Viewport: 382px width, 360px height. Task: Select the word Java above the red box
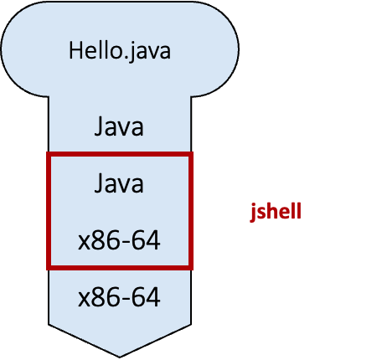pyautogui.click(x=119, y=128)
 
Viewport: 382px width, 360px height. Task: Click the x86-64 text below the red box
pyautogui.click(x=119, y=297)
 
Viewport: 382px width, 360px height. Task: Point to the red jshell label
pyautogui.click(x=275, y=212)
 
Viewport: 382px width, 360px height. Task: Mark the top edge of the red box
pyautogui.click(x=119, y=155)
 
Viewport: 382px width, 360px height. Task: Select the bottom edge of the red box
pyautogui.click(x=119, y=269)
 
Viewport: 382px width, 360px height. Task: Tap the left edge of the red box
pyautogui.click(x=49, y=212)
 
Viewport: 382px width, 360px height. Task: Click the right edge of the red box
pyautogui.click(x=190, y=212)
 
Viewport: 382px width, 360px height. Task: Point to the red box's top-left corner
pyautogui.click(x=49, y=155)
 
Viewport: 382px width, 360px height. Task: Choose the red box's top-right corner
pyautogui.click(x=190, y=155)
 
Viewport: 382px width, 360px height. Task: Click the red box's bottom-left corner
pyautogui.click(x=49, y=269)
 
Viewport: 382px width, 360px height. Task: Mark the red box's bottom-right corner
pyautogui.click(x=190, y=269)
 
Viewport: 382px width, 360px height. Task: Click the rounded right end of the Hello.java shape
pyautogui.click(x=229, y=50)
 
